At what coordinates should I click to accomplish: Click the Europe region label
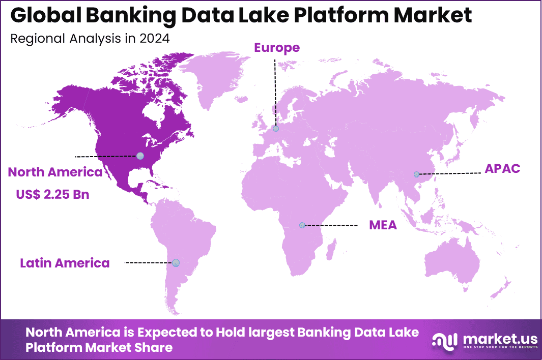pos(277,48)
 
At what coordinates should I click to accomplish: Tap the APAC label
pos(502,169)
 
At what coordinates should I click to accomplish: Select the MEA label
pos(383,225)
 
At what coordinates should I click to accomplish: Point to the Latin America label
pos(65,263)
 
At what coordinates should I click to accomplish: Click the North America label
pos(55,172)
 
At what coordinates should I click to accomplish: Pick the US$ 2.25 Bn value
pos(49,194)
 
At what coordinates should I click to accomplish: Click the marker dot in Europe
pos(275,129)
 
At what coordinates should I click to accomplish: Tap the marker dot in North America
pos(140,156)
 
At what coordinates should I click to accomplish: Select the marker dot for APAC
pos(416,174)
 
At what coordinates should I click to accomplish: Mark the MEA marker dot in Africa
pos(302,225)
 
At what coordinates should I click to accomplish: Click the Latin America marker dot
pos(176,262)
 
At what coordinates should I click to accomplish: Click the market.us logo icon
pos(444,340)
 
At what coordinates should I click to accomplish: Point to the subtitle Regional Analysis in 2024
pos(90,39)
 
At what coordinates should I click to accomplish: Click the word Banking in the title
pos(122,16)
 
